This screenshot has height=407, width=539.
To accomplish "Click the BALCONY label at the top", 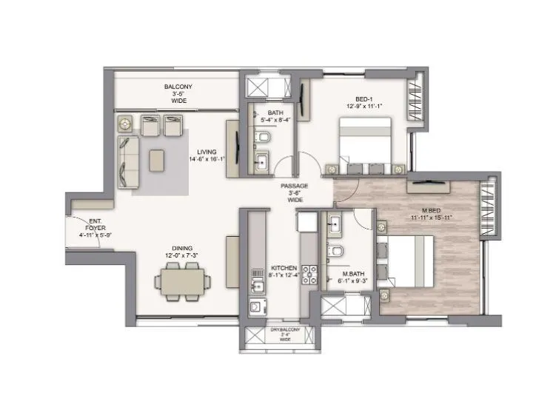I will pyautogui.click(x=178, y=87).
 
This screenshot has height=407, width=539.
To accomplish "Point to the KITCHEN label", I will pyautogui.click(x=284, y=268).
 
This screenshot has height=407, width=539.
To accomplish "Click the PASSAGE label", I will pyautogui.click(x=295, y=187).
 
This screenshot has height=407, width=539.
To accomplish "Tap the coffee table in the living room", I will pyautogui.click(x=158, y=159).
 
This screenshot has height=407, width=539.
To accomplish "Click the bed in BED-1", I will pyautogui.click(x=366, y=144).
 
